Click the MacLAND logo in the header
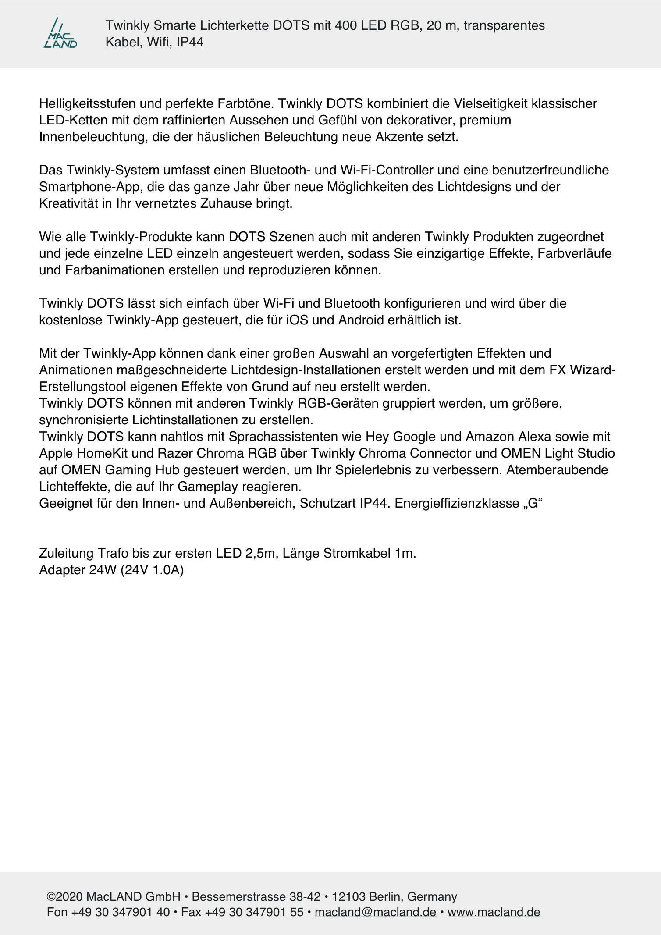click(x=60, y=33)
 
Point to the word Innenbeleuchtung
click(x=94, y=137)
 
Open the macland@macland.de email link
click(x=375, y=912)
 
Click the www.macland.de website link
click(x=494, y=912)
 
